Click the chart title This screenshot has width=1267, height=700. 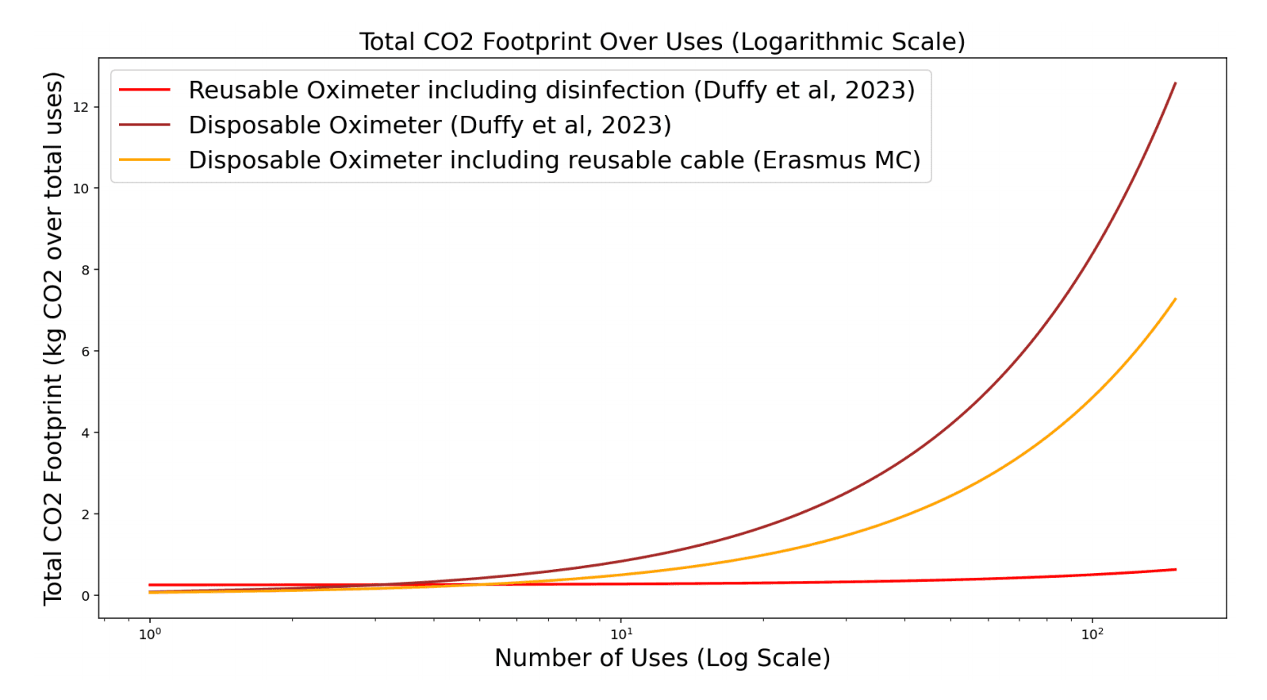662,41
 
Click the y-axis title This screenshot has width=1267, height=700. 53,338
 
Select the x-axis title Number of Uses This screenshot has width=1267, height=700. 662,658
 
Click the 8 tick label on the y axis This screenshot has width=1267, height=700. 86,270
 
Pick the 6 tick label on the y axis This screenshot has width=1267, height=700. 86,352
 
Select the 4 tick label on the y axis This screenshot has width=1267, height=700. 86,433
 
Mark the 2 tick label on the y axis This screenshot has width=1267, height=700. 86,514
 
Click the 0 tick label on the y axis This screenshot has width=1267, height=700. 86,596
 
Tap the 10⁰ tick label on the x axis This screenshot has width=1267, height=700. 149,634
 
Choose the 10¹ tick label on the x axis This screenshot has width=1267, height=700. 620,634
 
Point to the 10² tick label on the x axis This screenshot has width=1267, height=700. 1092,634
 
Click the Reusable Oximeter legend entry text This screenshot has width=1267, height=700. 551,90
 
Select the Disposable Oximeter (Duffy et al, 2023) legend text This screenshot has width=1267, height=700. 429,125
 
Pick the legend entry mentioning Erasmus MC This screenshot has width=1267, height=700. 554,160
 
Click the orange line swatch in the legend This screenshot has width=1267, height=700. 144,160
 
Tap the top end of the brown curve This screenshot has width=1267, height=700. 1175,83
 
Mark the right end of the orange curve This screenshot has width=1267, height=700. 1175,299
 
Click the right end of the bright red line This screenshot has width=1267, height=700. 1175,569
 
